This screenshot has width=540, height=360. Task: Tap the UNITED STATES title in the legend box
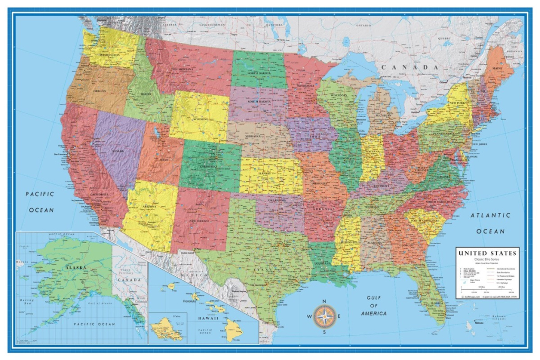point(487,253)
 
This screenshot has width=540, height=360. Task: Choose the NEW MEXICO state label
point(200,220)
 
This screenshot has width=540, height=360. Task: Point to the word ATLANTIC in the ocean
point(490,215)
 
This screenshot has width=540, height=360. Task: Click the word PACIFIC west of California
point(40,194)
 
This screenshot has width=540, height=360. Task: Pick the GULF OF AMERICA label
point(373,306)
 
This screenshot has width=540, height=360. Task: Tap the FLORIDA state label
point(437,304)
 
